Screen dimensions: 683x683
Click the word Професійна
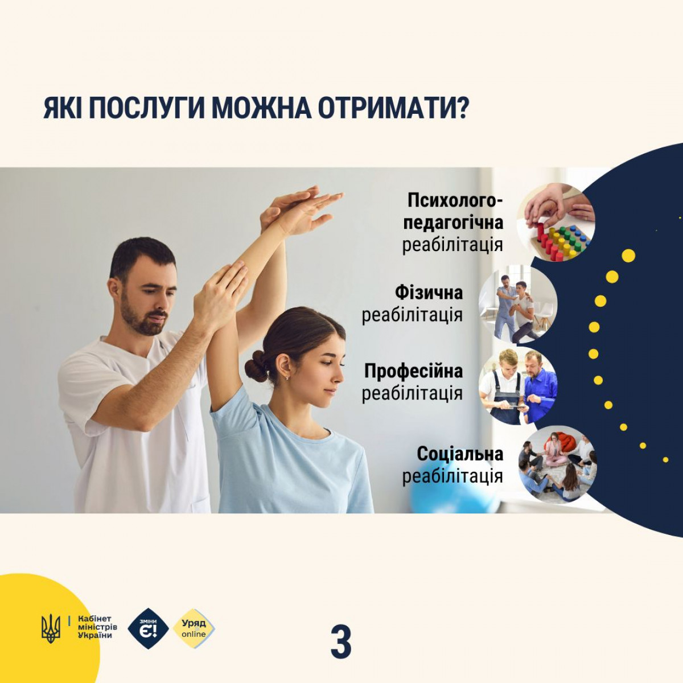coord(414,371)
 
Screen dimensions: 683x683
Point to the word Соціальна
coord(460,454)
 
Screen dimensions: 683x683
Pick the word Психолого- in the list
coord(455,201)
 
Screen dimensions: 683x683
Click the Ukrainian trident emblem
coord(51,638)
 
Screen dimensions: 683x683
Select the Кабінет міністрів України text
coord(97,637)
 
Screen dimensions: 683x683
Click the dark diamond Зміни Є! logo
coord(148,639)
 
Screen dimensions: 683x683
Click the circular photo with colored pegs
coord(556,223)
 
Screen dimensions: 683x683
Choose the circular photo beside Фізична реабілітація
coord(518,304)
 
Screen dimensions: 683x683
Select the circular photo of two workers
coord(518,386)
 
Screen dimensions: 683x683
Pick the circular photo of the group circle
coord(557,467)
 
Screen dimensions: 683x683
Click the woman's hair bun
coord(257,366)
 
